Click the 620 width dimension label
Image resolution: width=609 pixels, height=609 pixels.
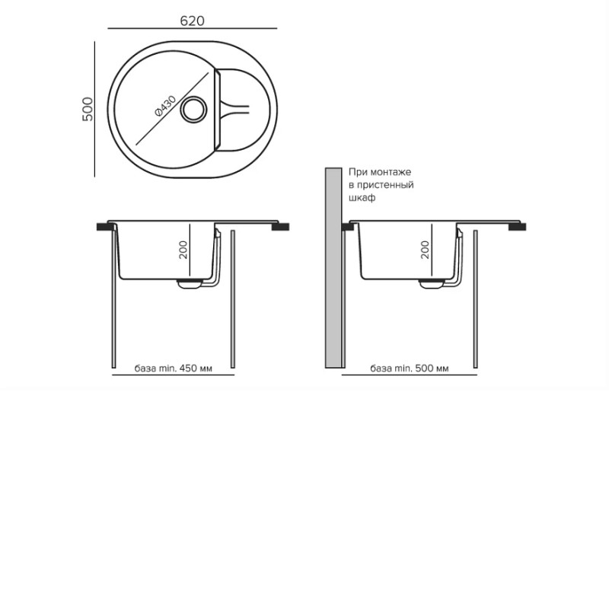(x=193, y=21)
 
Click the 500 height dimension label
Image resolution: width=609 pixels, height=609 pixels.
(x=88, y=109)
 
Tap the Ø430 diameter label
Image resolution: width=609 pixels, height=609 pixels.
(x=165, y=106)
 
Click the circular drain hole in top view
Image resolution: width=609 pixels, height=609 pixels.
(x=193, y=110)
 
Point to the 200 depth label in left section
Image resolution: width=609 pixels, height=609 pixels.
(x=183, y=250)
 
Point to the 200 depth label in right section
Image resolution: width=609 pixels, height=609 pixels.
(x=426, y=250)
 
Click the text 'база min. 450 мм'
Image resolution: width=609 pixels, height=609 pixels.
(x=174, y=368)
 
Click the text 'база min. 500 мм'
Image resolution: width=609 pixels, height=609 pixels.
(x=410, y=368)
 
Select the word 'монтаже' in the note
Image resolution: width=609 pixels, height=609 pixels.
(x=391, y=172)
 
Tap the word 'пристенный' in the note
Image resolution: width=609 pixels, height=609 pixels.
(x=385, y=184)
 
